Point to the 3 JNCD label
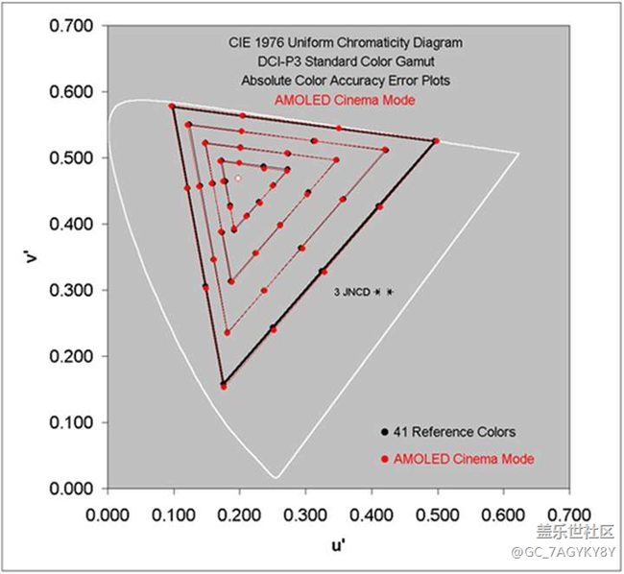pos(351,291)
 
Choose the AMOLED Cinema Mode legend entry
pos(458,459)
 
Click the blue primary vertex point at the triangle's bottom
pos(224,384)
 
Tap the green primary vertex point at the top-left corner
pos(172,106)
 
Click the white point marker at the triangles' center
pos(237,178)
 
